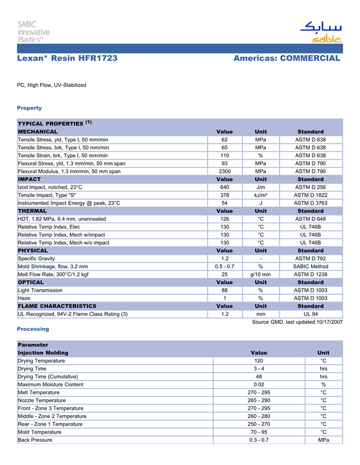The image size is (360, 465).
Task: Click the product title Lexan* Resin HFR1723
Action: pos(67,59)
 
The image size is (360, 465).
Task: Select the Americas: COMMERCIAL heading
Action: pos(286,59)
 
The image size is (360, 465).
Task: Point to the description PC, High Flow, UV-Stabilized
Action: pos(51,85)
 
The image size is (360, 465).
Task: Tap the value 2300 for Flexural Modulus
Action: pos(225,171)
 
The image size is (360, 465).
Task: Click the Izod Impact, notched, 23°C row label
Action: pos(50,187)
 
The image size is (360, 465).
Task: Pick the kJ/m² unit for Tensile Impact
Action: pos(261,195)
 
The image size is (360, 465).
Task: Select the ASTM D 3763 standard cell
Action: pos(310,203)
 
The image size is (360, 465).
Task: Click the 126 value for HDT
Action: pos(225,219)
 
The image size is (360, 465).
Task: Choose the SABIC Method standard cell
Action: pos(310,267)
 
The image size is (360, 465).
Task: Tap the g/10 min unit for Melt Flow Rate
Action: pos(261,274)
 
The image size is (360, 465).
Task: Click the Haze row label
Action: pos(24,298)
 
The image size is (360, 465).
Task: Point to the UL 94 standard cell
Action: pos(310,314)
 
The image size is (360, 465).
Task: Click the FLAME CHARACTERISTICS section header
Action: pos(57,306)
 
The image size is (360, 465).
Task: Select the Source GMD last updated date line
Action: pos(297,322)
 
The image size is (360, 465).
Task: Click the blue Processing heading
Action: pos(33,329)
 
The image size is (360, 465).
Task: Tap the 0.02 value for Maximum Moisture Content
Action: pos(259,384)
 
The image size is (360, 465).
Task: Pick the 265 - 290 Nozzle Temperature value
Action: pos(259,400)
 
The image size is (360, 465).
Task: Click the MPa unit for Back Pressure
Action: pos(323,440)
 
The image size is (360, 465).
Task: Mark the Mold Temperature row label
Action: pos(39,432)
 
